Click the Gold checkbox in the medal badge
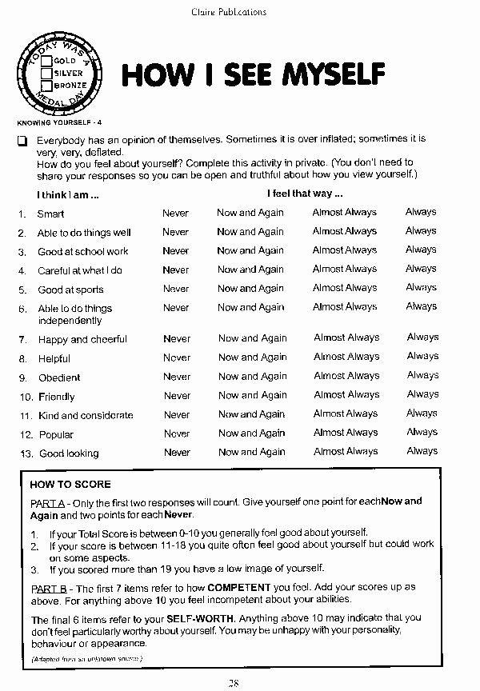[x=47, y=60]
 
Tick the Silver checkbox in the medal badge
[x=47, y=73]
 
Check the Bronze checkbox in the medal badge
[x=47, y=85]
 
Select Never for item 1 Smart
[x=175, y=213]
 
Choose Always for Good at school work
[x=420, y=250]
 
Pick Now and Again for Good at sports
[x=250, y=288]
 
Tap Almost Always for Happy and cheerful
[x=346, y=338]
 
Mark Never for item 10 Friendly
[x=177, y=395]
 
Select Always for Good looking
[x=422, y=451]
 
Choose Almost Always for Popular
[x=346, y=433]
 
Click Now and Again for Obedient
[x=252, y=376]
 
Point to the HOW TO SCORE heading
[x=70, y=484]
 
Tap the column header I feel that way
[x=305, y=194]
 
